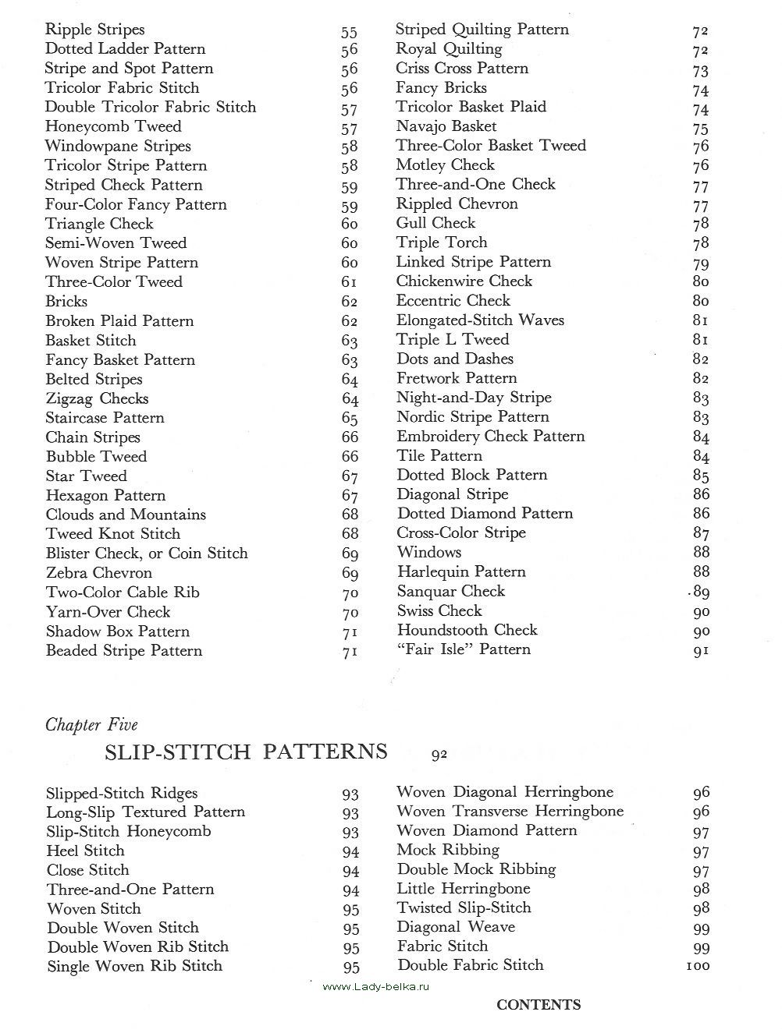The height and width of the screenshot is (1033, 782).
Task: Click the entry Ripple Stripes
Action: pos(94,30)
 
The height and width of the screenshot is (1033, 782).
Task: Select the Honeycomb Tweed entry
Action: pos(112,127)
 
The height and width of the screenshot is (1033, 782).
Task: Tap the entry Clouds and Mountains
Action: pos(126,515)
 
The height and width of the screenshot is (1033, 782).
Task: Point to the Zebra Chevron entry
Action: pos(98,573)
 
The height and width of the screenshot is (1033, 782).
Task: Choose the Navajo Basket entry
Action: pos(446,126)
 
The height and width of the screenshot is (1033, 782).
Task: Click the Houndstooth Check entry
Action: pos(467,630)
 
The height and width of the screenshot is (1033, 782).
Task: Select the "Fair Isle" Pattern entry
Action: pos(464,649)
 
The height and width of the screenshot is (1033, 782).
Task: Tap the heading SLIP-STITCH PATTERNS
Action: pos(246,752)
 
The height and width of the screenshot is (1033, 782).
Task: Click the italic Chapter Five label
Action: pos(91,725)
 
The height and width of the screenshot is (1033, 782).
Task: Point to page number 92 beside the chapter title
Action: pos(439,754)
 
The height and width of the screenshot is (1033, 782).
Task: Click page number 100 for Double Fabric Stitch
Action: pos(697,966)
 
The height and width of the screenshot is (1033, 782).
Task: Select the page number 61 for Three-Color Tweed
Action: pos(349,282)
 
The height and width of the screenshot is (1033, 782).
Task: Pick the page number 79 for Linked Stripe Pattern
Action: pos(700,263)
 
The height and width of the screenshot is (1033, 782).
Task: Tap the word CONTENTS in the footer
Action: pos(539,1005)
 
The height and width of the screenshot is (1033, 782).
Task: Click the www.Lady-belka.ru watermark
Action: pos(375,986)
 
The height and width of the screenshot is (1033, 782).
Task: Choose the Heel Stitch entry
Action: pos(85,851)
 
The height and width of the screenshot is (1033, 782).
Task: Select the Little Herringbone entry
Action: pos(463,889)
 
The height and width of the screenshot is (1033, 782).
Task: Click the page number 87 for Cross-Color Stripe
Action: pos(701,534)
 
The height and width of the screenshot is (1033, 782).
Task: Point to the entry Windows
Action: pos(428,553)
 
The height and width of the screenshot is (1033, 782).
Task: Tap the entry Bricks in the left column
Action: pos(66,302)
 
